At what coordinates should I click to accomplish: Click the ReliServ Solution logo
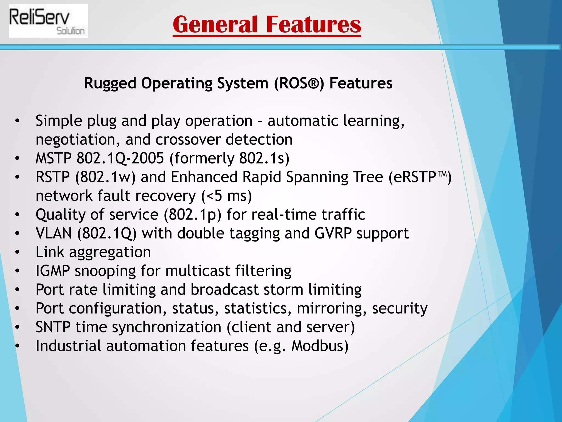48,21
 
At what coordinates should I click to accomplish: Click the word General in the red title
215,25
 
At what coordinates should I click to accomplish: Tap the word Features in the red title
313,25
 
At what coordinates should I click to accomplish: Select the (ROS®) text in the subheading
299,83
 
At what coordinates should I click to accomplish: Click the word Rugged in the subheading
110,83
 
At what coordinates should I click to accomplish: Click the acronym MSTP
54,159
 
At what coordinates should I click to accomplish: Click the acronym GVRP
333,234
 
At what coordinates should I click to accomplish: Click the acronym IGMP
53,271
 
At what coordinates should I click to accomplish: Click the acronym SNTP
53,327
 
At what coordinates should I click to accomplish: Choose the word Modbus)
320,346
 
